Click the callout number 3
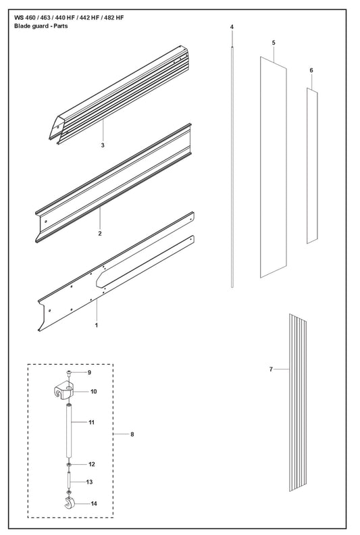103,145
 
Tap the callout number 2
100,234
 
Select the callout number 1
96,325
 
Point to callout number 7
271,370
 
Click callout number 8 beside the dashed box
132,434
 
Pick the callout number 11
91,422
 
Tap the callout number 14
94,503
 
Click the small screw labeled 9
69,373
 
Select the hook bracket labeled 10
63,392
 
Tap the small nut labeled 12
69,464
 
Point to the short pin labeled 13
69,481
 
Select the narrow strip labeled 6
312,165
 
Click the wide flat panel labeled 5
274,168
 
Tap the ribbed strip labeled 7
298,403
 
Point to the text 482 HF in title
114,18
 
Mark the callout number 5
274,43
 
